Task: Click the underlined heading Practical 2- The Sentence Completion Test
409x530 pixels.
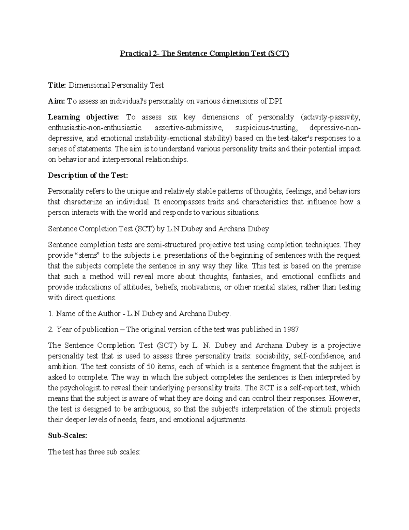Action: coord(204,54)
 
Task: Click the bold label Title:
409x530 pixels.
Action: coord(57,85)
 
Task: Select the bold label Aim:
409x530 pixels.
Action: coord(56,101)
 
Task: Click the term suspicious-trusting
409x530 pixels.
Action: coord(266,128)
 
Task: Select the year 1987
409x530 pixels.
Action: coord(291,329)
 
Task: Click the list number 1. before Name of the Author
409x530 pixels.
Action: coord(50,313)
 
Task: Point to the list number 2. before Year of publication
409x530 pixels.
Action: coord(51,329)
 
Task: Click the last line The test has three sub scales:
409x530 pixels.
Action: coord(94,452)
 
